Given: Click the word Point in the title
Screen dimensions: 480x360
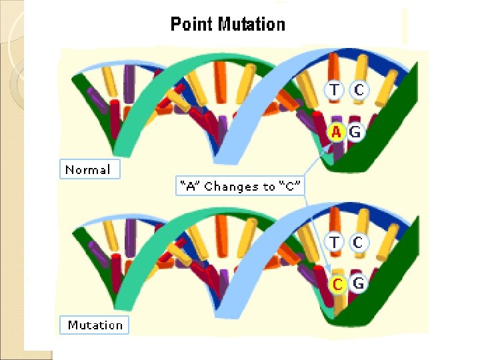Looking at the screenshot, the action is click(190, 25).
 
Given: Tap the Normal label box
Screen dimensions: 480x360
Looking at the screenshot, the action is click(89, 170).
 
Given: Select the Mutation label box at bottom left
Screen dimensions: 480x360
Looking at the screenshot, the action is click(95, 325).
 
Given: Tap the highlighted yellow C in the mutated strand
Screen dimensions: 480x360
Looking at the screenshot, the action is click(338, 285).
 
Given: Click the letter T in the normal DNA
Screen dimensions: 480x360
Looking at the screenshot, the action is click(335, 89).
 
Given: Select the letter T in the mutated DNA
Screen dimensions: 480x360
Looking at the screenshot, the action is click(335, 242).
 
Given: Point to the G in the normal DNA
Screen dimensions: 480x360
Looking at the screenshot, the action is click(355, 132).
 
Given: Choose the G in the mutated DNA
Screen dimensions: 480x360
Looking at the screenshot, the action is click(358, 284).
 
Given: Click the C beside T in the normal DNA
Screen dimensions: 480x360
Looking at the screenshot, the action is click(358, 89).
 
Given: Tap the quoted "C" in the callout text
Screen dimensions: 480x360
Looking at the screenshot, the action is click(291, 187).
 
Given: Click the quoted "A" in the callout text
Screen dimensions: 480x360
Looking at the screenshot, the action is click(191, 187).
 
